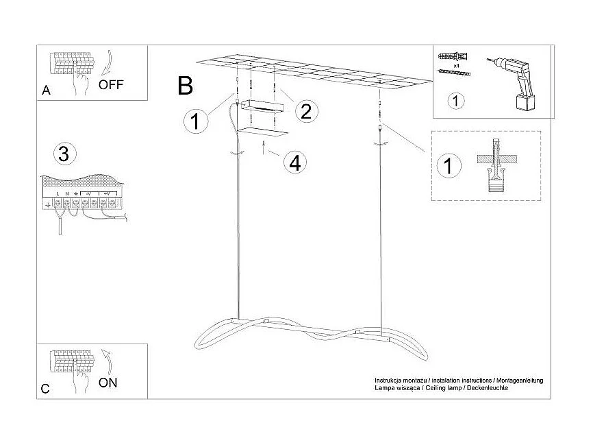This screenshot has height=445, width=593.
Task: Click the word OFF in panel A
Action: (x=110, y=85)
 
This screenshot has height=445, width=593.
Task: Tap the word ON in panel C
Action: (x=108, y=383)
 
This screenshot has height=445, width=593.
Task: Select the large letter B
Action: (x=185, y=86)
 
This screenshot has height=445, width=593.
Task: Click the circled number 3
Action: (x=64, y=154)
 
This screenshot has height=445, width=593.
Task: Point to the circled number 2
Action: (x=305, y=110)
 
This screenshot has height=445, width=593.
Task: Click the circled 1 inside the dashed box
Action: (x=449, y=165)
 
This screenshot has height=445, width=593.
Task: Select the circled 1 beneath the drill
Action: (x=455, y=101)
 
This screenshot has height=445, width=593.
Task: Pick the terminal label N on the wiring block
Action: (x=66, y=195)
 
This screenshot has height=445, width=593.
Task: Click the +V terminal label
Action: (x=108, y=195)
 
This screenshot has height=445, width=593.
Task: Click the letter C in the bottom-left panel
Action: (x=45, y=389)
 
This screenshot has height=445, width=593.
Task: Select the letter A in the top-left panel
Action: (x=46, y=91)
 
